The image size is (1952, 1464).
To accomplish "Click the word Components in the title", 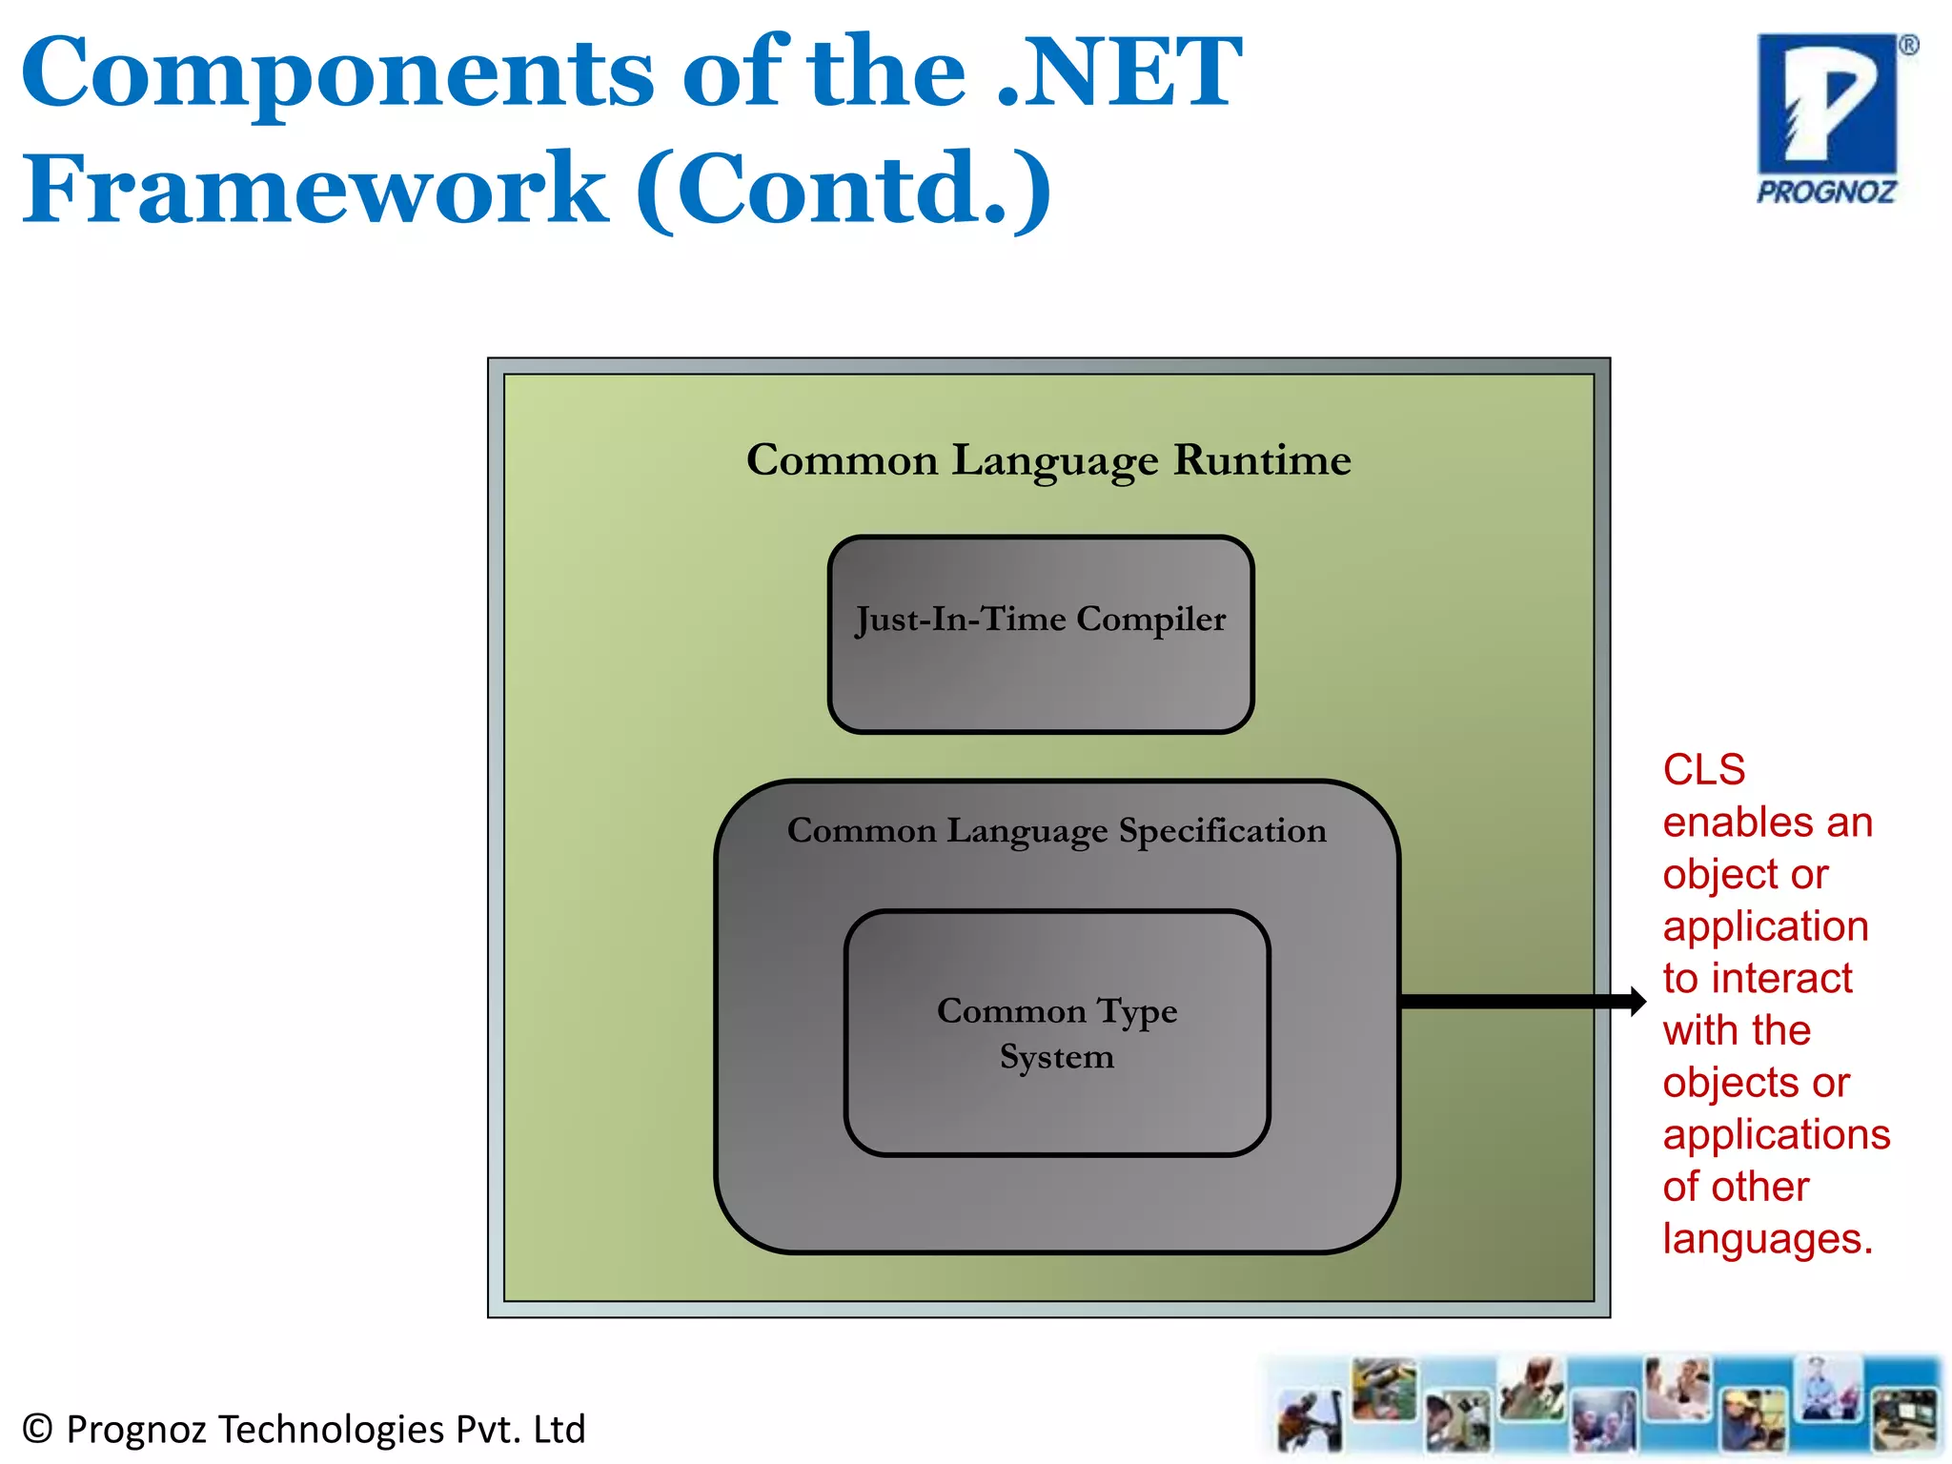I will (337, 74).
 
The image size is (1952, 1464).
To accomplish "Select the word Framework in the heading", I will (315, 189).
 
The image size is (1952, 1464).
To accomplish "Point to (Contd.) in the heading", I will (844, 189).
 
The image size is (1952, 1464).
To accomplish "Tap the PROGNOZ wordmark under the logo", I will (1826, 193).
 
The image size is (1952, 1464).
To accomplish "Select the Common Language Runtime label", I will (1048, 460).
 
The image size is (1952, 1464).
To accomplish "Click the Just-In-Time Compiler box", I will (1041, 634).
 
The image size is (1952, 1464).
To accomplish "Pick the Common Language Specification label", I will (1056, 831).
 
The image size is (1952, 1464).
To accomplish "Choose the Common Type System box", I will (1057, 1033).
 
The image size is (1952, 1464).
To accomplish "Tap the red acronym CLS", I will (1704, 770).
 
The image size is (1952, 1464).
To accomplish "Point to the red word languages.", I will (1767, 1239).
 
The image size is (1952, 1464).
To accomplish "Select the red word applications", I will (1777, 1135).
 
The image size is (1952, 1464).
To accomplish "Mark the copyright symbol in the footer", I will (37, 1429).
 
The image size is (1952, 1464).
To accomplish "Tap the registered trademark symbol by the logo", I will (1908, 46).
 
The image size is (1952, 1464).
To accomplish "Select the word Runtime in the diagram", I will (1262, 460).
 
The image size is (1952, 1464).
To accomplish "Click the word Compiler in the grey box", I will (1150, 620).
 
